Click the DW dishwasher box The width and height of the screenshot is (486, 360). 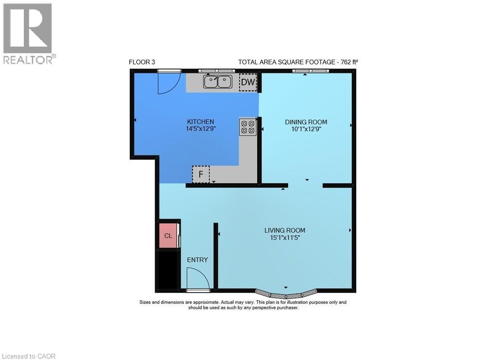[x=248, y=83]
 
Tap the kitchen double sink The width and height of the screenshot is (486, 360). [x=217, y=82]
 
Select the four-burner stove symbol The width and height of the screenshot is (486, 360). [x=247, y=127]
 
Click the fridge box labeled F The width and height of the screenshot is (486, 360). [x=200, y=174]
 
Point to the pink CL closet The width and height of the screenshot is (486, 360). [x=168, y=236]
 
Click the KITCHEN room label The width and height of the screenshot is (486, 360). [x=201, y=121]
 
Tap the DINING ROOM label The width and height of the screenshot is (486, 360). [x=306, y=122]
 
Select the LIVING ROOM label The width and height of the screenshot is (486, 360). [x=285, y=230]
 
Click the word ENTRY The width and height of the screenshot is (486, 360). [x=197, y=260]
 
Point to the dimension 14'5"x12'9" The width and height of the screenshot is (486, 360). [x=201, y=129]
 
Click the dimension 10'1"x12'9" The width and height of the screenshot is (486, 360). [x=306, y=129]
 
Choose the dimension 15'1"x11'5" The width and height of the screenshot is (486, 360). [x=285, y=238]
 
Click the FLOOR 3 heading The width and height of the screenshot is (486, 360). [x=142, y=62]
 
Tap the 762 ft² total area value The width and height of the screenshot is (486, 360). [x=349, y=62]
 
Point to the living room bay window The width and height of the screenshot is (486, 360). [x=286, y=294]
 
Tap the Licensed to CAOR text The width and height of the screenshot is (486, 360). [x=28, y=356]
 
